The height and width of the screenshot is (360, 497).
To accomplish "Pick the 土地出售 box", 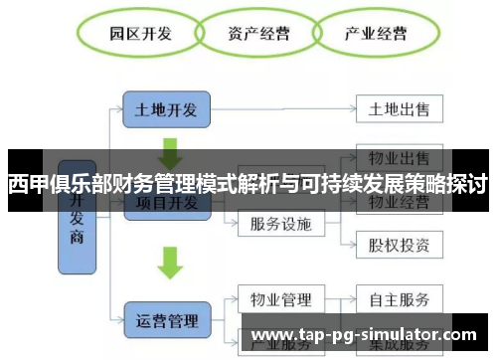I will pos(399,109).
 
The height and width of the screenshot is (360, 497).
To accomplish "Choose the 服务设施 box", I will pos(282,224).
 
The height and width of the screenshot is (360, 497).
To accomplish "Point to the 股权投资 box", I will pos(399,243).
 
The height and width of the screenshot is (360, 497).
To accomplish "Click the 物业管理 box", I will pos(282,298).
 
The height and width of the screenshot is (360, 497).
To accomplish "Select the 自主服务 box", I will pos(399,298).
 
